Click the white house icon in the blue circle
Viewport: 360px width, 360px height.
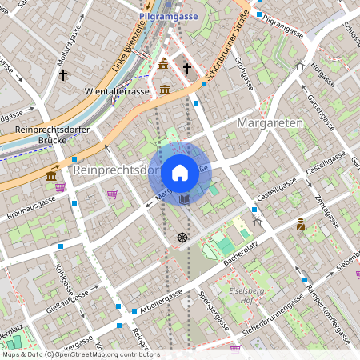point(180,172)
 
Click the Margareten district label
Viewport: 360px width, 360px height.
point(270,122)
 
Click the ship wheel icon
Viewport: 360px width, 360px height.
point(182,238)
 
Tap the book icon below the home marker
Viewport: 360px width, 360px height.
point(185,198)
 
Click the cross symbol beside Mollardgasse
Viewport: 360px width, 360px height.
point(62,74)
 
